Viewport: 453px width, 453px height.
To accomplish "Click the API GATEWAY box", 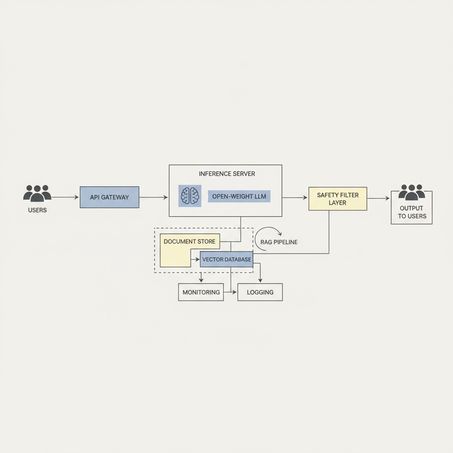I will [109, 197].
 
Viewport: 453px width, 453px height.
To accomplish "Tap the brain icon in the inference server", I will [190, 196].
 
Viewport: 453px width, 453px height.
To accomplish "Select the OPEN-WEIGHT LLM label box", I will [239, 196].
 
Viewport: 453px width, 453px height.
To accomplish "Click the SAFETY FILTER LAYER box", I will [338, 199].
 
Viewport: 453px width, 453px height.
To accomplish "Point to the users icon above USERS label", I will [37, 193].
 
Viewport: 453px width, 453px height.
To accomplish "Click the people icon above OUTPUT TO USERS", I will [411, 192].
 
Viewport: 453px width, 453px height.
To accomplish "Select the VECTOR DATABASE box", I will [226, 260].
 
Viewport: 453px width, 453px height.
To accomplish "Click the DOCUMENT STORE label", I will [189, 242].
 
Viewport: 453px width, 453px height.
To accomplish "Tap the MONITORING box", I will [201, 292].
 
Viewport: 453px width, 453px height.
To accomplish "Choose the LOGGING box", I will [260, 292].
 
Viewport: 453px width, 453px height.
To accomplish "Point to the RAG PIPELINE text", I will [279, 242].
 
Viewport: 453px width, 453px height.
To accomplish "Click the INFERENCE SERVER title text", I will [227, 174].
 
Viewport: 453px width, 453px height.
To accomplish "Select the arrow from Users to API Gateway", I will [65, 197].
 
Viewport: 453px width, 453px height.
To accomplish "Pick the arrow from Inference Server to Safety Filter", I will [295, 198].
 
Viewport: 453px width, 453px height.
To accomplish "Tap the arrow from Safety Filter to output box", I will [378, 199].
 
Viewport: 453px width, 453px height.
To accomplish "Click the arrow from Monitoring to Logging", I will [230, 292].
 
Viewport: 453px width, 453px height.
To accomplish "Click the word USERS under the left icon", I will [37, 210].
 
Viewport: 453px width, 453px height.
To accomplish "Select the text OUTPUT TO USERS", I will [411, 212].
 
